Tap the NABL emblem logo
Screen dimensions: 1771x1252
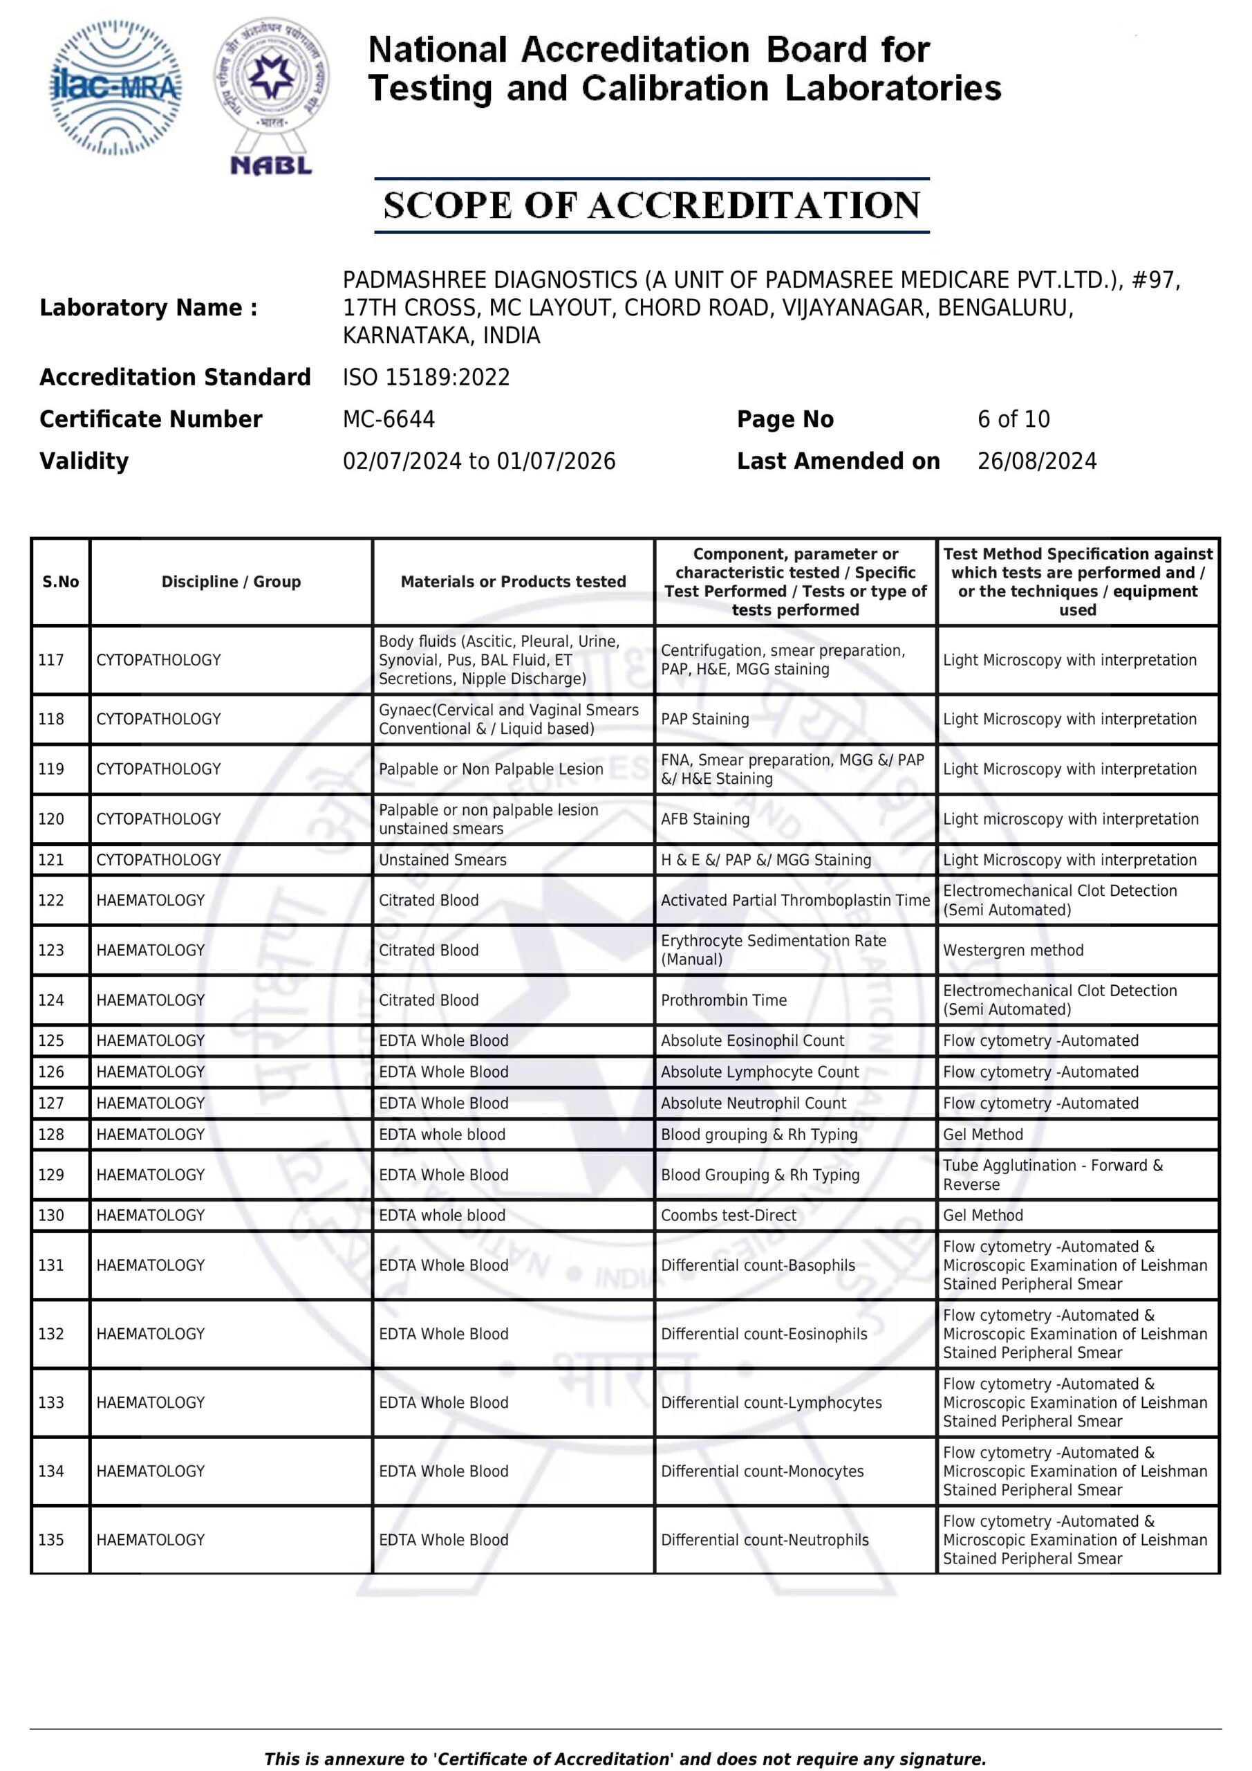(x=272, y=96)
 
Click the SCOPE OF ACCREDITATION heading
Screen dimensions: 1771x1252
(x=651, y=205)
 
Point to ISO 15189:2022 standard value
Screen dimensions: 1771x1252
(x=427, y=377)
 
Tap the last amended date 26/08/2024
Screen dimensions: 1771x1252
(x=1036, y=461)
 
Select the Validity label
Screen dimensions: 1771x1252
(x=84, y=461)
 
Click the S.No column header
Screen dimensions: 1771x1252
(x=61, y=582)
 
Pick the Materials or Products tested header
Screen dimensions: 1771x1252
(x=513, y=582)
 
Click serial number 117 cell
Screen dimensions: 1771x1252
(x=52, y=659)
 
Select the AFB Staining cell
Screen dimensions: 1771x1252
(x=704, y=818)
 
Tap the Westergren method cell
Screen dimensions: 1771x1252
(x=1012, y=950)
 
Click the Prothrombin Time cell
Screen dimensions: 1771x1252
(x=723, y=1000)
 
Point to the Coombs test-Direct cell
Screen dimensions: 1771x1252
(x=728, y=1215)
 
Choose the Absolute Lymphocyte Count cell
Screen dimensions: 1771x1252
(x=759, y=1072)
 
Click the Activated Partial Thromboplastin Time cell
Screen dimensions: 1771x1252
(x=795, y=900)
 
